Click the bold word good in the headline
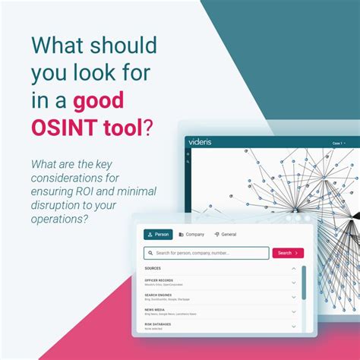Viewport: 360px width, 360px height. tap(99, 99)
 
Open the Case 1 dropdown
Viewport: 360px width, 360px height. tap(338, 143)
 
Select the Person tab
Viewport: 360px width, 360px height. tap(158, 235)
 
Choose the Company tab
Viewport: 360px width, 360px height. tap(191, 235)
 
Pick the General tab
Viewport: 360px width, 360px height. tap(226, 235)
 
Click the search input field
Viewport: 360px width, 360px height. tap(209, 253)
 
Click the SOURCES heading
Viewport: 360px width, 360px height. tap(153, 268)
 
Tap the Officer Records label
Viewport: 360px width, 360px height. tap(159, 280)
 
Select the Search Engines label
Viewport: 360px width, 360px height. tap(159, 295)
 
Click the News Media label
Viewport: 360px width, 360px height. tap(155, 309)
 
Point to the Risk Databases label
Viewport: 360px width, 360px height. tap(158, 324)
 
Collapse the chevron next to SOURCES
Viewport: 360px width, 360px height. tap(294, 268)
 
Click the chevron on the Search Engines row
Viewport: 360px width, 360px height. tap(294, 297)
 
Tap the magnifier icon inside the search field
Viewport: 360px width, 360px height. tap(150, 253)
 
